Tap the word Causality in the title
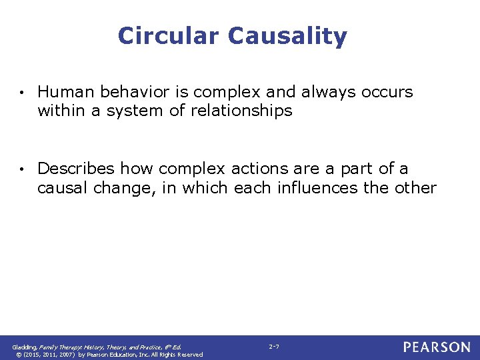pos(287,36)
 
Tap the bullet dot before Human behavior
pos(22,93)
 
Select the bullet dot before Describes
pos(22,170)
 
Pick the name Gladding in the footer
pos(25,347)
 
